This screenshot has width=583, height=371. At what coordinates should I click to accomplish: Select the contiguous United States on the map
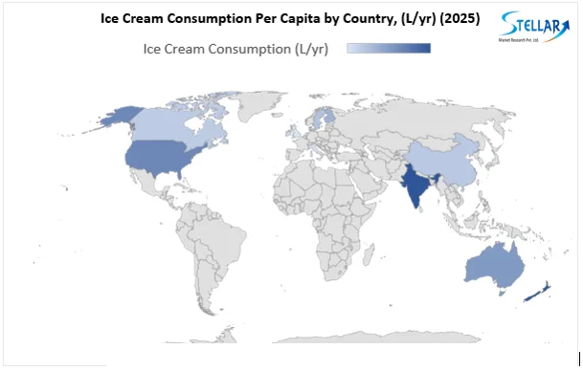158,160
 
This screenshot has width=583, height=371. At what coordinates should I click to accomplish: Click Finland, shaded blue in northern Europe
325,117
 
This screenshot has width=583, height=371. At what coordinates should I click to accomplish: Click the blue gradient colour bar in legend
389,49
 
